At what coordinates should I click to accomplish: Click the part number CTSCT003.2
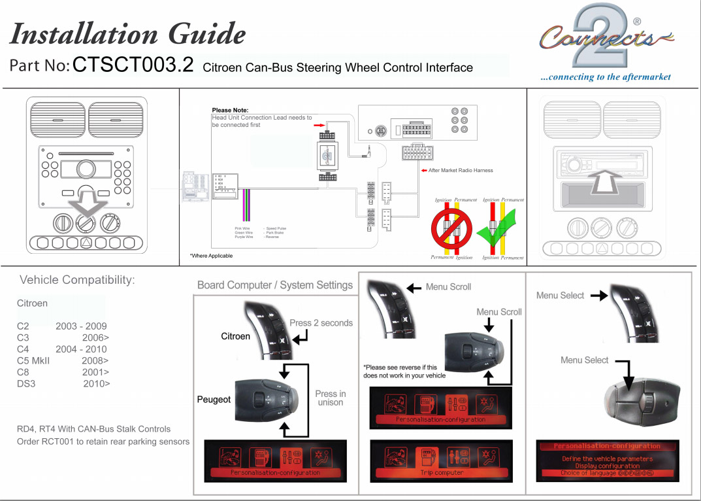click(x=133, y=65)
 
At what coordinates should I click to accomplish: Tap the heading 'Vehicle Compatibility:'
click(x=77, y=280)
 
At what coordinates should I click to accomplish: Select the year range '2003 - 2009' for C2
click(x=81, y=326)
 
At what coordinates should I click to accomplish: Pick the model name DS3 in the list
click(x=26, y=383)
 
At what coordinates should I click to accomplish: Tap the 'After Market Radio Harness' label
click(x=461, y=171)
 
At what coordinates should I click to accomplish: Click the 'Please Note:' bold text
click(x=230, y=110)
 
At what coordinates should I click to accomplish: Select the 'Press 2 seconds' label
click(x=321, y=322)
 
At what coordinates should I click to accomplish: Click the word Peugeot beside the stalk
click(x=214, y=400)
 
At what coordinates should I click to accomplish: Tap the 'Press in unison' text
click(x=331, y=398)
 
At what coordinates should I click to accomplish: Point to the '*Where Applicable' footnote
click(x=211, y=256)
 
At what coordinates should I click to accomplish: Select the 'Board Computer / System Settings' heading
click(x=274, y=285)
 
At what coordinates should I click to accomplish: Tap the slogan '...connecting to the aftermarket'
click(x=605, y=77)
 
